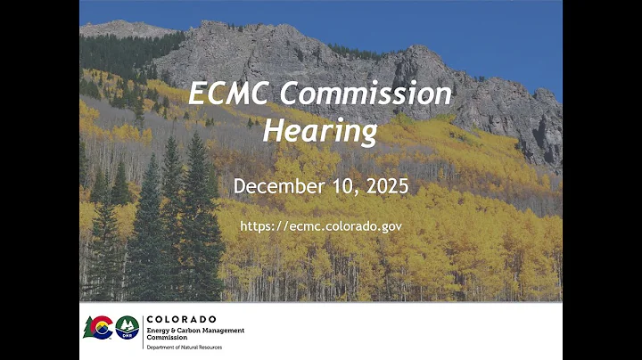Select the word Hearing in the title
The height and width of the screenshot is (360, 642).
[321, 131]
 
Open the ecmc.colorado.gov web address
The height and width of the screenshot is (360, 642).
[321, 226]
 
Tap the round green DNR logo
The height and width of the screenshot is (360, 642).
[128, 328]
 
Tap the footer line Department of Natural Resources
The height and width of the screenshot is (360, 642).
[184, 346]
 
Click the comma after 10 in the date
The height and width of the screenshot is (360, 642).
[350, 192]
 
